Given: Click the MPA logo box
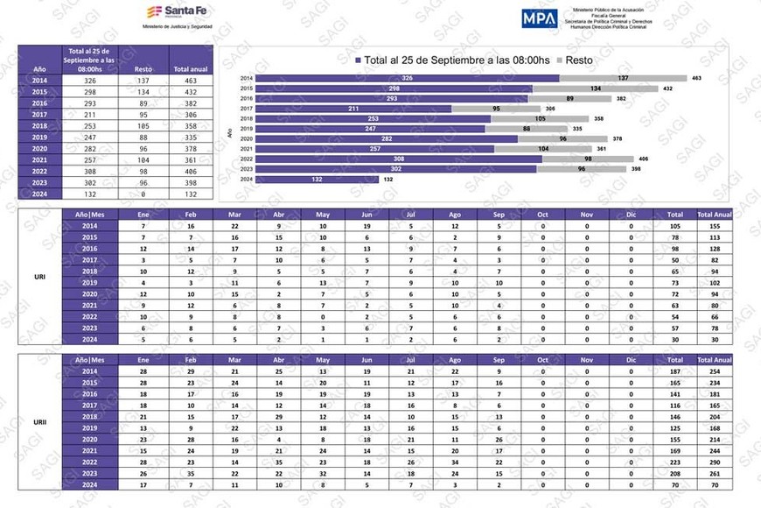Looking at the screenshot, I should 539,18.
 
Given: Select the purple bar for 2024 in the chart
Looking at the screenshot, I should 317,180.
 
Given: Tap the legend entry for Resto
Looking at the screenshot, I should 561,60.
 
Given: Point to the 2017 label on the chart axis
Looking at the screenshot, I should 247,109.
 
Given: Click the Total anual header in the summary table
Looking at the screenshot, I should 191,69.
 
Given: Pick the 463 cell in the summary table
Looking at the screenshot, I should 191,81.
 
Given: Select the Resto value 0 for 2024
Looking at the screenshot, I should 143,194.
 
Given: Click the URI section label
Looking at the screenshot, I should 39,277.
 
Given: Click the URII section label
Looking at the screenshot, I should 39,422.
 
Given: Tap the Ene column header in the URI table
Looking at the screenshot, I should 143,214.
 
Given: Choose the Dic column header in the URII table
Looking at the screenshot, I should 631,360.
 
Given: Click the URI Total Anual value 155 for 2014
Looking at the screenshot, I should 714,226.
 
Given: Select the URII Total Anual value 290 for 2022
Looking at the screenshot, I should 714,462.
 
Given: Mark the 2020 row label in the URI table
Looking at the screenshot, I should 89,294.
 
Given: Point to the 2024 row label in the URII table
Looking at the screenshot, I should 89,484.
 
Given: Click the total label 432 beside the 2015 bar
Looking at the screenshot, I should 667,88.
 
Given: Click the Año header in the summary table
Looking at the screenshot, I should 39,69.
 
